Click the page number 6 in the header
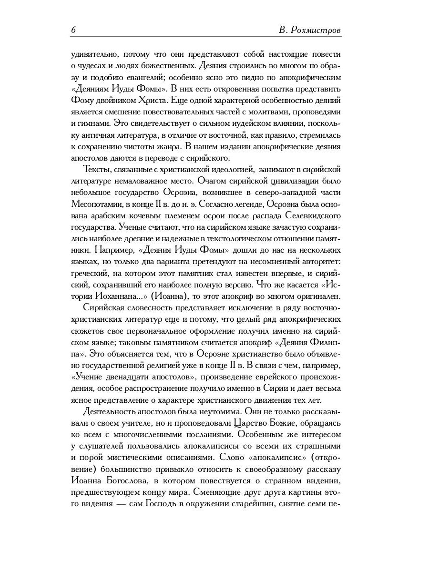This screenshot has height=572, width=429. pos(73,30)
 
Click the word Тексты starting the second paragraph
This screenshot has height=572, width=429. pos(96,170)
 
